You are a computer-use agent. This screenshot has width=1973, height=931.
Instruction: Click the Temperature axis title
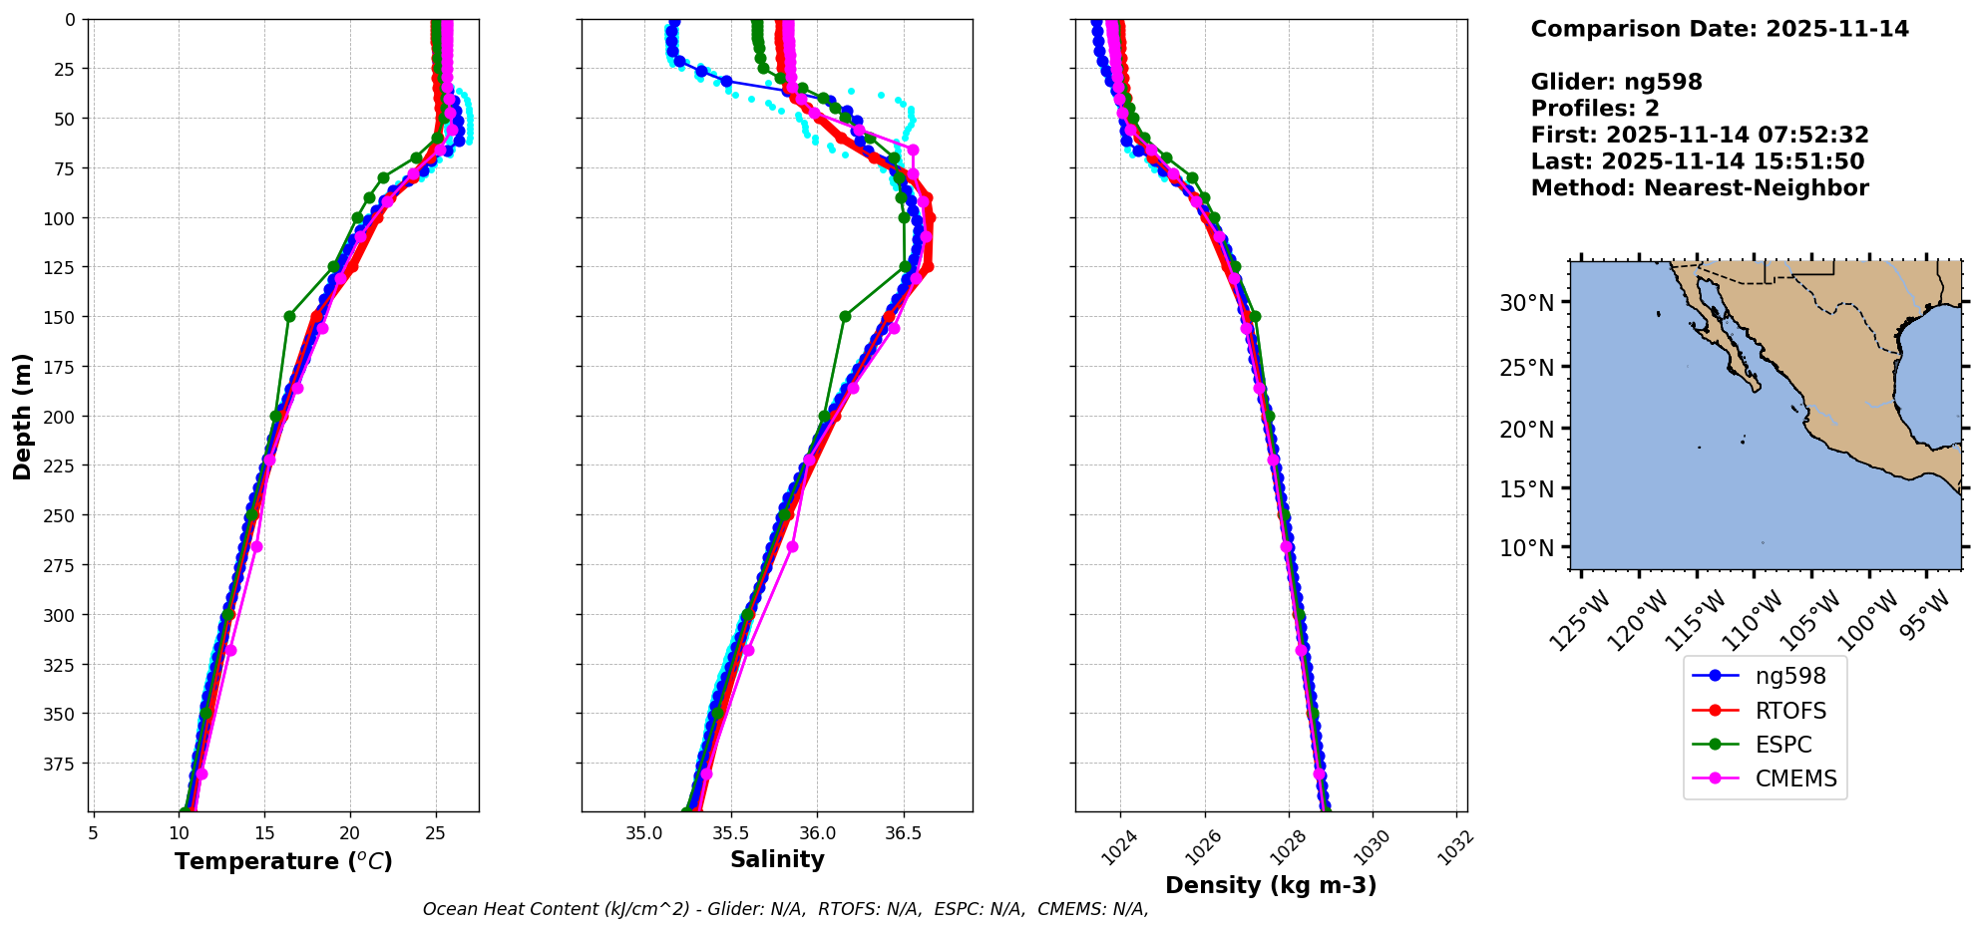point(283,861)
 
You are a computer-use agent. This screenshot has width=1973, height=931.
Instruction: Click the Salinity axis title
point(777,859)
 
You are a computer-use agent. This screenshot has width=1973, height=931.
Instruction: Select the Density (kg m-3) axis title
point(1271,885)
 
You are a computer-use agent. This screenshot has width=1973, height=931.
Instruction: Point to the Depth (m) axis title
point(22,416)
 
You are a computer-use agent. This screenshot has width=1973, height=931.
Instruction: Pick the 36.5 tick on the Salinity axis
point(904,832)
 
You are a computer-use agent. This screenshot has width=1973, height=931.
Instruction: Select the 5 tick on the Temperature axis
point(93,832)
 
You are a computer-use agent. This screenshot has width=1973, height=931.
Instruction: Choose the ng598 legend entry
point(1790,677)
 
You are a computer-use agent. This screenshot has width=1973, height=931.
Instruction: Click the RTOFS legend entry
point(1790,711)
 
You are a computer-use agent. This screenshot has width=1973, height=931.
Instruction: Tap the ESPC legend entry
point(1783,745)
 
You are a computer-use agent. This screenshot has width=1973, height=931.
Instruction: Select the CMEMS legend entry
point(1795,778)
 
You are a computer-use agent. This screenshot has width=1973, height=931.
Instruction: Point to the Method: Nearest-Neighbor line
point(1700,188)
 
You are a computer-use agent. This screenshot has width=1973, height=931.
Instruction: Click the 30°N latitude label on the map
point(1526,303)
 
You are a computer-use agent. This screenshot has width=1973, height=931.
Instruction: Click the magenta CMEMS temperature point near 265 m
point(256,546)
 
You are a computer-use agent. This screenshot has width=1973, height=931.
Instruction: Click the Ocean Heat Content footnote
point(785,909)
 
